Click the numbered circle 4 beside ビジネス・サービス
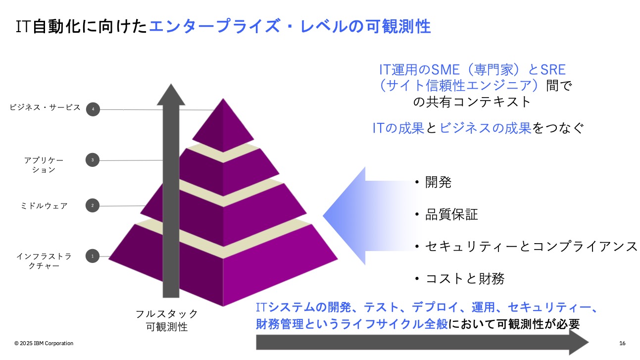coord(93,109)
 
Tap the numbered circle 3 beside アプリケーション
coord(93,160)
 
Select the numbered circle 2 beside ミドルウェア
coord(93,206)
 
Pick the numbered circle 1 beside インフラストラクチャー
coord(93,256)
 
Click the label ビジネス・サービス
coord(45,107)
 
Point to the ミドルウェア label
coord(44,206)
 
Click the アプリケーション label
coord(44,165)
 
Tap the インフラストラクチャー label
coord(44,261)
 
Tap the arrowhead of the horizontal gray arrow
coord(579,342)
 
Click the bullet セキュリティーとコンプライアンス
coord(526,246)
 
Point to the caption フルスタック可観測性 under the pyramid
coord(167,320)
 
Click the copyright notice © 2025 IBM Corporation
coord(44,343)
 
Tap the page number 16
coord(622,343)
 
